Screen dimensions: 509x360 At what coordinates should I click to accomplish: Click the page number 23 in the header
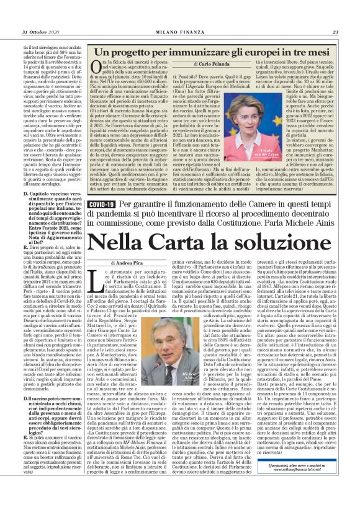tap(336, 33)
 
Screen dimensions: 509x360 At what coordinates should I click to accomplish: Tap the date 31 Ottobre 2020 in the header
tap(39, 33)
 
